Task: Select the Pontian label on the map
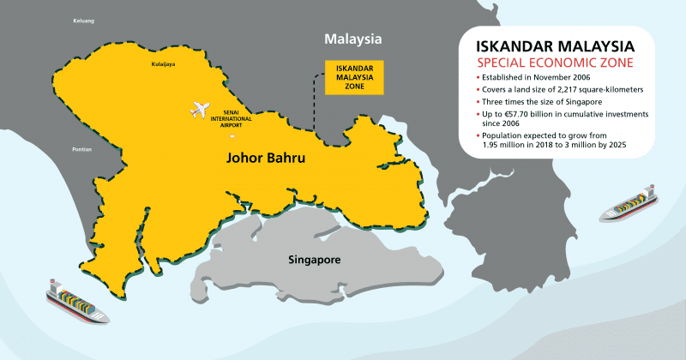click(82, 148)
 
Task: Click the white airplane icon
click(200, 110)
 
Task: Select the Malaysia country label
click(352, 39)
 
